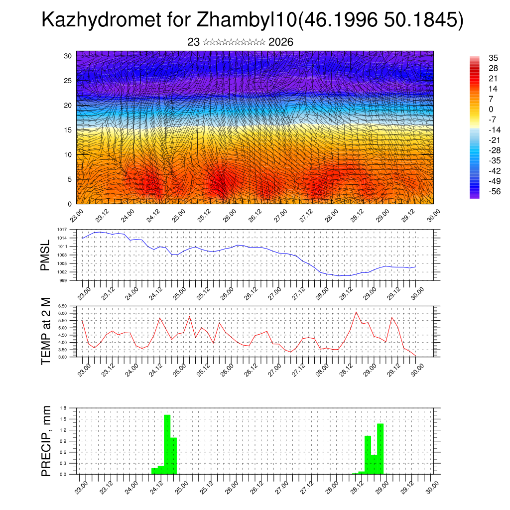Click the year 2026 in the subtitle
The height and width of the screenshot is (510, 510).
(280, 42)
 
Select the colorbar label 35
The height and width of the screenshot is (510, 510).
(480, 58)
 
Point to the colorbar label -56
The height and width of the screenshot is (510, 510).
(481, 191)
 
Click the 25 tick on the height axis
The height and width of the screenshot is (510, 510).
(68, 80)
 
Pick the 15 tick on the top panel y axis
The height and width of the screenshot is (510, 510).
(68, 130)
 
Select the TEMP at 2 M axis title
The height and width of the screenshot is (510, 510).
(46, 331)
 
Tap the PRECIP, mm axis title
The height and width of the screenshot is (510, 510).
(46, 441)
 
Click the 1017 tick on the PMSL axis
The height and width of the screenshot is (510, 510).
(63, 229)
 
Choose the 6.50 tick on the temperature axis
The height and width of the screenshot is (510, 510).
(62, 306)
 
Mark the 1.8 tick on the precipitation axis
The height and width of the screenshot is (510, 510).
(63, 408)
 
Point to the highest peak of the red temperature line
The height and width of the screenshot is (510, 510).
(356, 312)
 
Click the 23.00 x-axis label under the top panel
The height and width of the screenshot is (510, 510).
(76, 215)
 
